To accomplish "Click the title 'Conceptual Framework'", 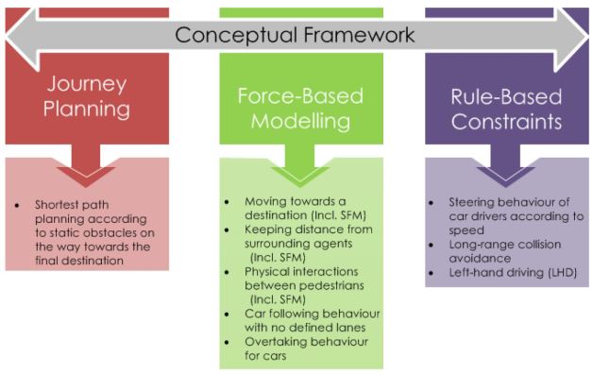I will (x=295, y=35).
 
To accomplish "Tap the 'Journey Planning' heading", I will (x=87, y=96).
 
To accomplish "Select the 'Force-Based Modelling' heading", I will (x=300, y=109).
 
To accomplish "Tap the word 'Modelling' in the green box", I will (x=300, y=123).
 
